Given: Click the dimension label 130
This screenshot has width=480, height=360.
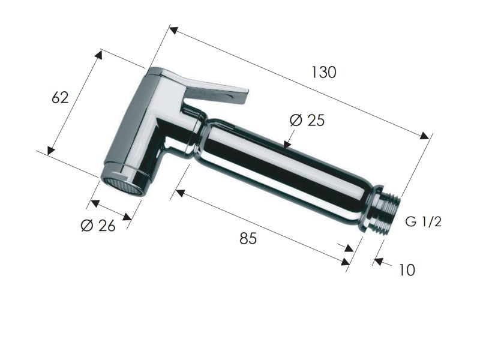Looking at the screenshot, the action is point(323,72).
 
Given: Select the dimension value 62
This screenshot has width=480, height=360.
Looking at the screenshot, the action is point(60,98).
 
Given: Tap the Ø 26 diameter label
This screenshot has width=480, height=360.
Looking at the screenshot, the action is point(98,226).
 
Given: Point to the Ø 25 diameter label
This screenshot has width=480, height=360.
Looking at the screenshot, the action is point(307,120).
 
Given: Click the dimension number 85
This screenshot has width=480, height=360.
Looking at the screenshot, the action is point(248,238).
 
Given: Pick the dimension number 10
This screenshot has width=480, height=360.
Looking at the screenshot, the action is point(407,269).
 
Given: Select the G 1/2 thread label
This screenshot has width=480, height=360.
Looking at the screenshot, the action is point(424,221).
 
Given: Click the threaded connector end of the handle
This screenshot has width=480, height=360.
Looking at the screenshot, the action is point(385,211).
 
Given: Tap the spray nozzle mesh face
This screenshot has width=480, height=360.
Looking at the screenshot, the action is point(122,186).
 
